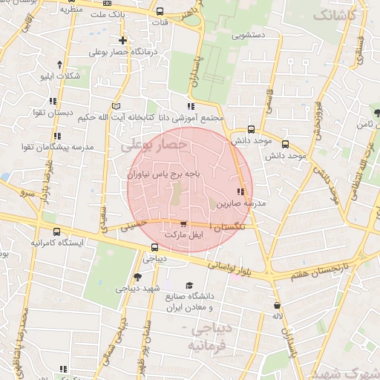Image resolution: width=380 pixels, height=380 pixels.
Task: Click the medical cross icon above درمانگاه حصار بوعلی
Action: [122, 40]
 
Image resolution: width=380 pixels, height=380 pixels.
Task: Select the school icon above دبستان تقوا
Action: [53, 101]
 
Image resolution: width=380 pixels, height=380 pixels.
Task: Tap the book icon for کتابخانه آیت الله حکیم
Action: [114, 105]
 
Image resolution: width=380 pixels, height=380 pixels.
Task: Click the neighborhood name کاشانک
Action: [335, 14]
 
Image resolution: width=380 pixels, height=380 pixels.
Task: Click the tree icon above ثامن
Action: [379, 113]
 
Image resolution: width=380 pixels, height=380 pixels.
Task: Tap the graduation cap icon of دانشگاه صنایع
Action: [189, 285]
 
